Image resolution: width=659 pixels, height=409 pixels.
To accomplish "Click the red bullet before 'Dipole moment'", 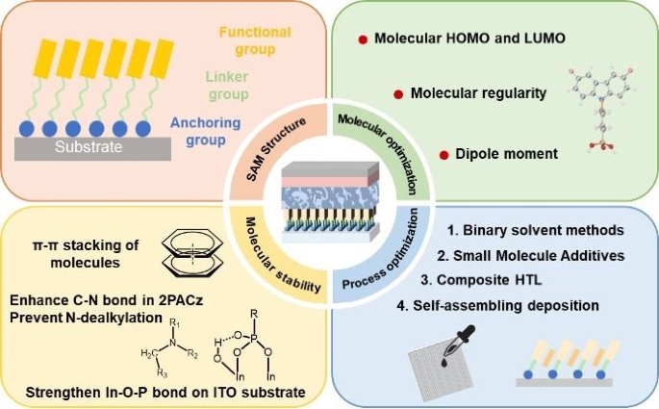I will [444, 154].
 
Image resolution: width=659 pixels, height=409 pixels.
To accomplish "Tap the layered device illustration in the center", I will [330, 203].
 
